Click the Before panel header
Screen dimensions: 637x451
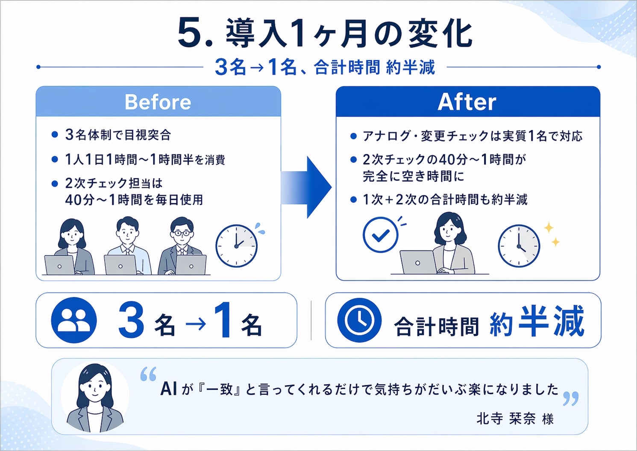(158, 102)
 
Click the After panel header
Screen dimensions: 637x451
(467, 102)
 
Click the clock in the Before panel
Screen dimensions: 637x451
(236, 246)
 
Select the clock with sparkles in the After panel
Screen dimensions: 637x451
(519, 246)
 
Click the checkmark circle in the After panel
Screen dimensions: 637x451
(380, 235)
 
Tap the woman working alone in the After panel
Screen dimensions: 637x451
(449, 244)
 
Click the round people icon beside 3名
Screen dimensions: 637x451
(73, 320)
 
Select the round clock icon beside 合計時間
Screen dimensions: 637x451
(359, 320)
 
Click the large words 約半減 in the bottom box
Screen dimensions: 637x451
(537, 321)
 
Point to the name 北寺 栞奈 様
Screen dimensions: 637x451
(515, 418)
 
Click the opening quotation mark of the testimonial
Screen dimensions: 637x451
(148, 374)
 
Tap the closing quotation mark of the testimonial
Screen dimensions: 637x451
(571, 398)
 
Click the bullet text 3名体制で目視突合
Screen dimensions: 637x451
(118, 135)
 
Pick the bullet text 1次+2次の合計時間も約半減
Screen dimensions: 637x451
(445, 200)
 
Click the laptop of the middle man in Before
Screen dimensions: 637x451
(120, 265)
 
